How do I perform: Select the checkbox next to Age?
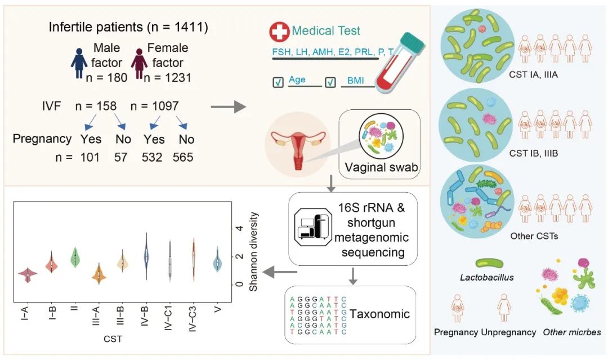[x=278, y=83]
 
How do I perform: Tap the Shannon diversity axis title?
[x=253, y=251]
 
